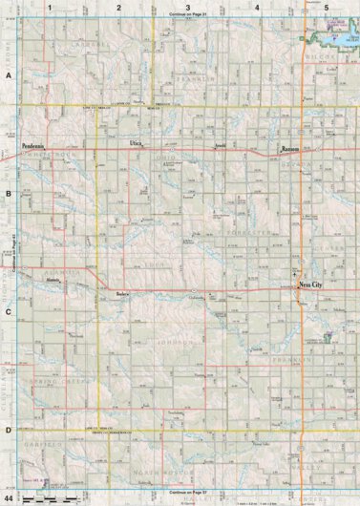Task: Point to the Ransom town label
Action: [x=290, y=150]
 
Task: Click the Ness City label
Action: [x=310, y=285]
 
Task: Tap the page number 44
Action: [x=9, y=498]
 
